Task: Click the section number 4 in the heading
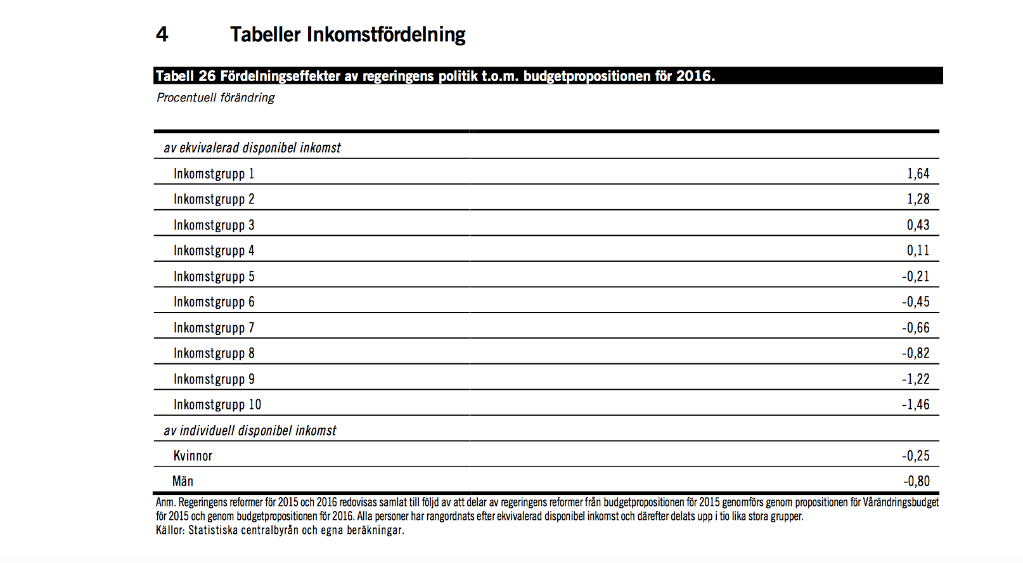162,34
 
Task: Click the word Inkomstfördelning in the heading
386,34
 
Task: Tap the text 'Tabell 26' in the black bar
185,76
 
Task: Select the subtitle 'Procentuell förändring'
216,98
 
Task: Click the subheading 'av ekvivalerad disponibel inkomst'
252,148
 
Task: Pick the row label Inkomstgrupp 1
214,174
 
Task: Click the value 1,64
918,174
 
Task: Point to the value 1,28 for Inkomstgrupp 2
918,199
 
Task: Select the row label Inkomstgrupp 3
214,225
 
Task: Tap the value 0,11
918,250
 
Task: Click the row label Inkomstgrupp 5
214,276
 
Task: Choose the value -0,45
915,302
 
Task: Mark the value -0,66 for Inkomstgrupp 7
915,328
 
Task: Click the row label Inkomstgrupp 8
214,353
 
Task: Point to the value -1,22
915,379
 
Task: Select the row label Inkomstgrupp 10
217,404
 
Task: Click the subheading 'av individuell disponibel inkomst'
250,430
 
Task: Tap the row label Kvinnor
193,456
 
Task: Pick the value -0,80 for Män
916,481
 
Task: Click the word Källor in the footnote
169,530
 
